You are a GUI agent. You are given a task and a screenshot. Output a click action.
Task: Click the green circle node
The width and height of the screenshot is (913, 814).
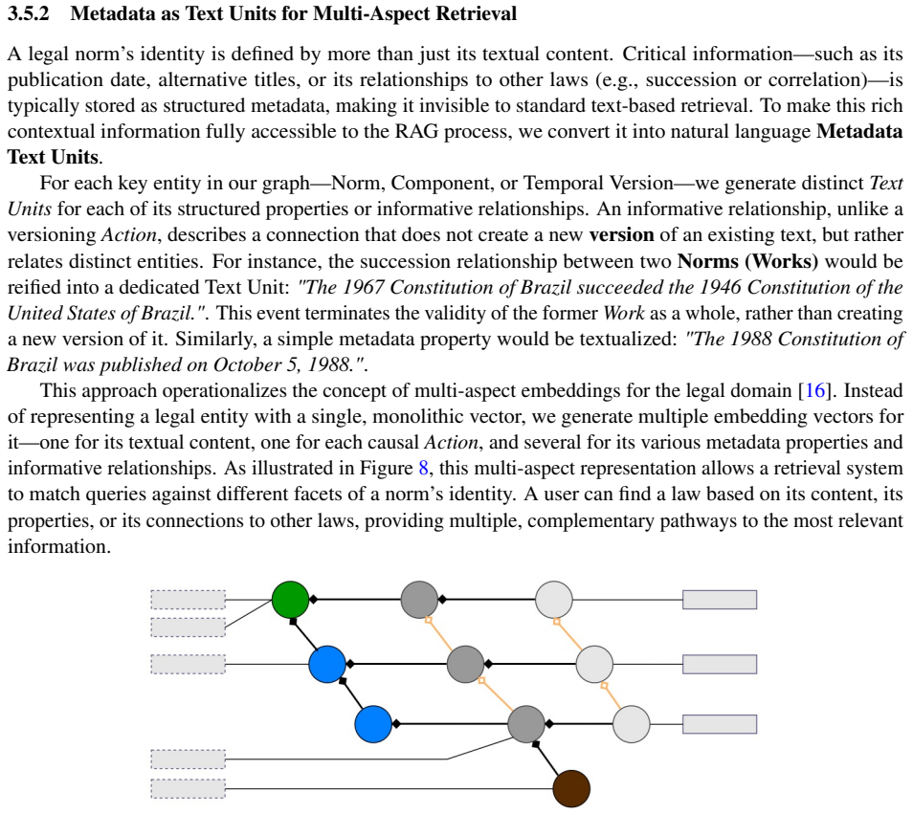(x=291, y=600)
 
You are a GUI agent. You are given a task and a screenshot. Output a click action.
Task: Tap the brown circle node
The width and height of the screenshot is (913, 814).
(x=571, y=789)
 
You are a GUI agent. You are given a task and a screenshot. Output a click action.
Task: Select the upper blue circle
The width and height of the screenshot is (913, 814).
(x=327, y=664)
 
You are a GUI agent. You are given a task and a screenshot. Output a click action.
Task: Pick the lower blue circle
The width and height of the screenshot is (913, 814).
(x=373, y=724)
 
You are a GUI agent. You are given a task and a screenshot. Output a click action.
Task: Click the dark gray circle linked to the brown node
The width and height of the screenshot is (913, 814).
(x=526, y=724)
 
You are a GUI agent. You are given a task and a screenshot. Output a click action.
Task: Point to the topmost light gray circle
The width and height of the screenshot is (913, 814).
(x=554, y=600)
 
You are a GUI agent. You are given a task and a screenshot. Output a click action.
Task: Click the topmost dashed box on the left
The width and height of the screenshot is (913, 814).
(x=189, y=600)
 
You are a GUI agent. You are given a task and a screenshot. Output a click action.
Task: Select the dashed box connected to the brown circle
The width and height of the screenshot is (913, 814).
(x=189, y=789)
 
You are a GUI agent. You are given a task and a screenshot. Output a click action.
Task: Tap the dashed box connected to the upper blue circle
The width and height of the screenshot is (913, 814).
(x=189, y=664)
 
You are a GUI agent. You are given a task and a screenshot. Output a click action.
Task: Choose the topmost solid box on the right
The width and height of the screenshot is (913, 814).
(x=720, y=600)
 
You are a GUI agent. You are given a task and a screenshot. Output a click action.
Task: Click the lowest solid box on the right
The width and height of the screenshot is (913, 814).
(x=720, y=724)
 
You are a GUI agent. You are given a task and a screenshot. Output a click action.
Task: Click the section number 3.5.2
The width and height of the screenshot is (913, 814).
(x=29, y=13)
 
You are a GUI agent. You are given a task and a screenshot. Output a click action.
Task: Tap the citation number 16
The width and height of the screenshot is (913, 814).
(x=815, y=390)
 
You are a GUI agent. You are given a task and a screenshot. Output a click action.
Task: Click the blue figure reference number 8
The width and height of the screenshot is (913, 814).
(x=424, y=469)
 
